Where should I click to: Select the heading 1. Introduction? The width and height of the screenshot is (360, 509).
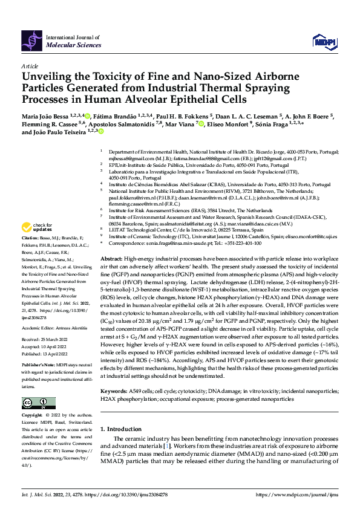point(125,412)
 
